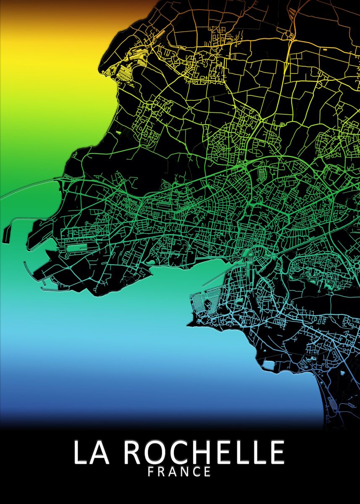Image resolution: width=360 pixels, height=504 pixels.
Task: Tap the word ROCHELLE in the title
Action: tap(204, 453)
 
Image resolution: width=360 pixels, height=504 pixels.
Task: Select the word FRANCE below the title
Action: tap(180, 472)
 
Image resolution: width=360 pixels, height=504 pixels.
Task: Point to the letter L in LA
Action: tap(81, 453)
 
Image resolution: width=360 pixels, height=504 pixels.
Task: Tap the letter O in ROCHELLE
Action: tap(158, 453)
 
